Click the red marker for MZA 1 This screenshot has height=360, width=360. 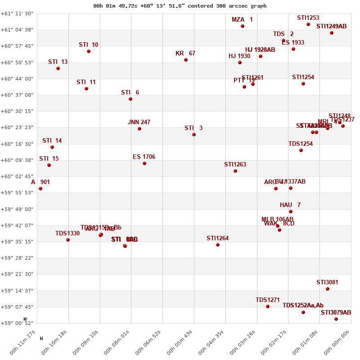point(243,26)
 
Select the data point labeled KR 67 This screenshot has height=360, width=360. point(186,60)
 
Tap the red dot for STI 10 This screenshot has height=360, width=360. point(89,51)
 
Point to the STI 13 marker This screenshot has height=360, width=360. point(58,68)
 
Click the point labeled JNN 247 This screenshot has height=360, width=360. point(139,129)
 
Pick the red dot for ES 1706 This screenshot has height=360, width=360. point(144,163)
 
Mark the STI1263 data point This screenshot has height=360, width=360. point(235,171)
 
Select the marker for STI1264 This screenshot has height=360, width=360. point(218,245)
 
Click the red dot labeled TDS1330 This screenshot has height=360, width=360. point(68,240)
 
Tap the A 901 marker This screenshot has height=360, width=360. point(40,189)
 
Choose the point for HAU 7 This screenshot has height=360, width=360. point(291,211)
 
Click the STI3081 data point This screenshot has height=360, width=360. point(328,289)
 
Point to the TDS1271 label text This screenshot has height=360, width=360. point(268,300)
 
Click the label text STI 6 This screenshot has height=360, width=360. point(130,93)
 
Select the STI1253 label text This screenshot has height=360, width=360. point(308,18)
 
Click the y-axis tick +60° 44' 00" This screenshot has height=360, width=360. point(18,79)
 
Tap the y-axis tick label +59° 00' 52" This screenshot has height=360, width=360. point(18,323)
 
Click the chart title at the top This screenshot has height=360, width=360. point(180,6)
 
